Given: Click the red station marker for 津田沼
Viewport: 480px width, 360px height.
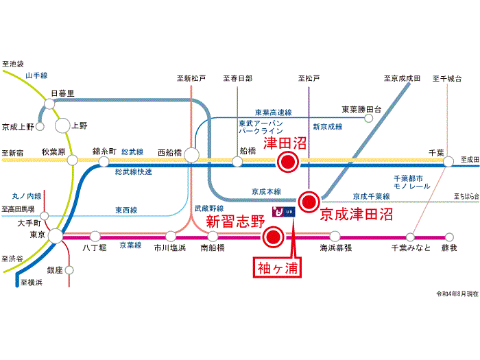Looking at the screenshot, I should coord(288,162).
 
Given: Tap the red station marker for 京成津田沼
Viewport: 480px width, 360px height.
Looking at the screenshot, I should coord(310,201).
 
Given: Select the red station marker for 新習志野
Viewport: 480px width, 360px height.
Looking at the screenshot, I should coord(273,237).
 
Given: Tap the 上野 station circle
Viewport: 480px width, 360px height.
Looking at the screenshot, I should coord(62,125).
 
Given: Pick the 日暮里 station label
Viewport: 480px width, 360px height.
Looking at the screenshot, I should coord(62,93).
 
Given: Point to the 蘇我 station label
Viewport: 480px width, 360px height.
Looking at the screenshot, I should coord(448,248).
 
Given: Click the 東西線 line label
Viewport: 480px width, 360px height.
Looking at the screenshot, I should coord(124,211).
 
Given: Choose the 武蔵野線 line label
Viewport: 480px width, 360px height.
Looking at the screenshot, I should coord(209,208).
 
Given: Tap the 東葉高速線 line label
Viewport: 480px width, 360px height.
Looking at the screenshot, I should coord(274,112).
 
